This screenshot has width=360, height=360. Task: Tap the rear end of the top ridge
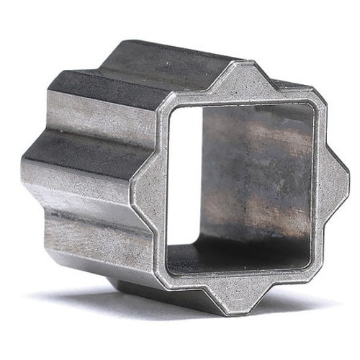coord(126,45)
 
